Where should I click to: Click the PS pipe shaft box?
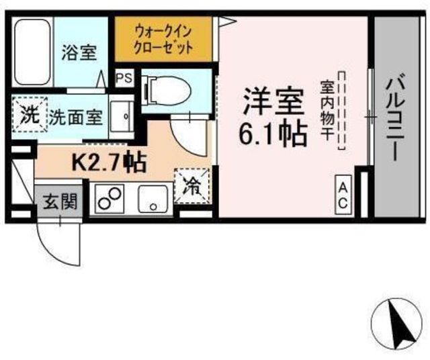pos(124,78)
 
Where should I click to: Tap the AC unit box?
pos(343,195)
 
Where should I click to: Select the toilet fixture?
pos(167,91)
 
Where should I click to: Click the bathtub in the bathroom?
pos(33,52)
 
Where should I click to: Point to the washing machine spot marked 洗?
pos(30,114)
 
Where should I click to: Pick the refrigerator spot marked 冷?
pos(192,187)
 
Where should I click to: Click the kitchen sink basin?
pos(153,199)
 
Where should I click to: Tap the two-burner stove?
pos(109,199)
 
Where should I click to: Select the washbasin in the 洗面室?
pos(122,116)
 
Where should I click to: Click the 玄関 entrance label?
pos(60,202)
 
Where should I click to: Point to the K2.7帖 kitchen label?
pos(108,163)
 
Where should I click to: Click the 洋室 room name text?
pos(273,101)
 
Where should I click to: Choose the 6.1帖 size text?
pos(273,134)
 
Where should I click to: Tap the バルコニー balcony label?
pos(395,119)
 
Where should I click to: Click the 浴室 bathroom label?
pos(79,52)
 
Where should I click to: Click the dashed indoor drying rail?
pos(341,111)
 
